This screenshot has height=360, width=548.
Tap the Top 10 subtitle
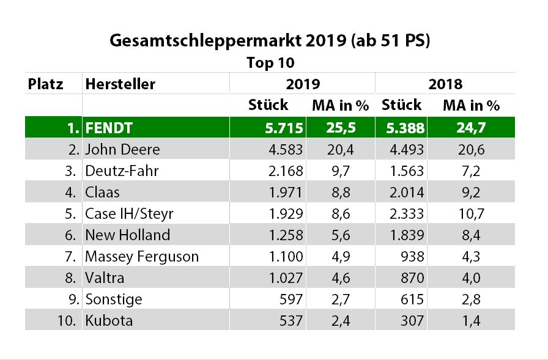click(x=270, y=63)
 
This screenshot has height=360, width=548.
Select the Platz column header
click(x=46, y=84)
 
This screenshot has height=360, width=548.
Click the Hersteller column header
click(x=120, y=84)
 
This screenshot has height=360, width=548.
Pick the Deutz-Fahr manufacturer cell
click(x=122, y=171)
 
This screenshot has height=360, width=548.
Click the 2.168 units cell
click(x=285, y=171)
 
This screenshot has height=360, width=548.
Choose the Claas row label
click(x=103, y=192)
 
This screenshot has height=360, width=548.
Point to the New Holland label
click(x=127, y=235)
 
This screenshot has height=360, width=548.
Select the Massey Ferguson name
click(x=142, y=256)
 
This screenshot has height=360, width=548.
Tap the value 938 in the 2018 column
click(x=413, y=256)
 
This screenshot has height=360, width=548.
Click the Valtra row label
click(x=105, y=277)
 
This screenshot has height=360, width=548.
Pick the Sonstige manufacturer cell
click(x=113, y=299)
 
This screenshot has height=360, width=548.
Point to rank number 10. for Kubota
click(x=68, y=320)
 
